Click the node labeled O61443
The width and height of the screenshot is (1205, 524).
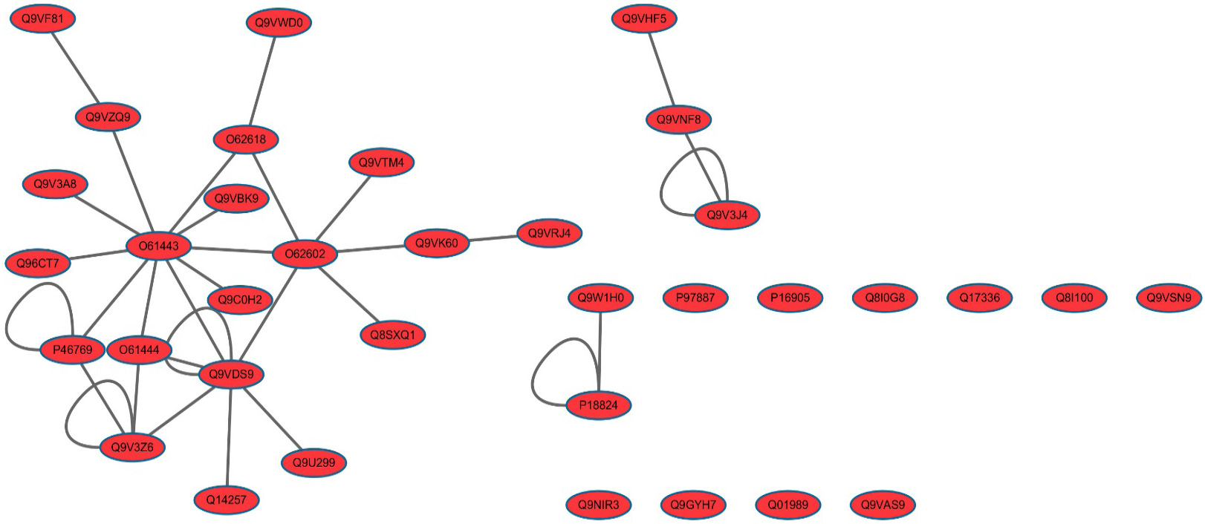pos(159,246)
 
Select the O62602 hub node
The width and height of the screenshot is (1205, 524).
pos(305,254)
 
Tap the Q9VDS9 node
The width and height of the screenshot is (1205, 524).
pos(231,374)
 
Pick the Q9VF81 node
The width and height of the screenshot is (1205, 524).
pos(42,19)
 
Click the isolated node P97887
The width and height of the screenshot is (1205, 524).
pos(695,297)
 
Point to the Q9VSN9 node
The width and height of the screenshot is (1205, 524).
pos(1169,297)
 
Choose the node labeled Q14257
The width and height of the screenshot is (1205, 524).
pos(226,500)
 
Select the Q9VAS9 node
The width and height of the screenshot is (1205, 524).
pos(883,505)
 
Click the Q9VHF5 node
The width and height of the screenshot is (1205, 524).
pos(644,19)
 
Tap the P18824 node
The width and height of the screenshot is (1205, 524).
pos(598,405)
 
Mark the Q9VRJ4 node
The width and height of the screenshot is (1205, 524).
pos(549,233)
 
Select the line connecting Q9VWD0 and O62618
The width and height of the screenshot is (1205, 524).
pos(262,81)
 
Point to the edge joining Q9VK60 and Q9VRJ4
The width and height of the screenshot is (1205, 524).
pos(493,238)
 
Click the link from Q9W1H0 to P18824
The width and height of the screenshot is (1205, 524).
pos(600,351)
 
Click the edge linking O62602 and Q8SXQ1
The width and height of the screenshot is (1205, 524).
pos(349,294)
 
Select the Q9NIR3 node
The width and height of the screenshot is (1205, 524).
pos(598,505)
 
